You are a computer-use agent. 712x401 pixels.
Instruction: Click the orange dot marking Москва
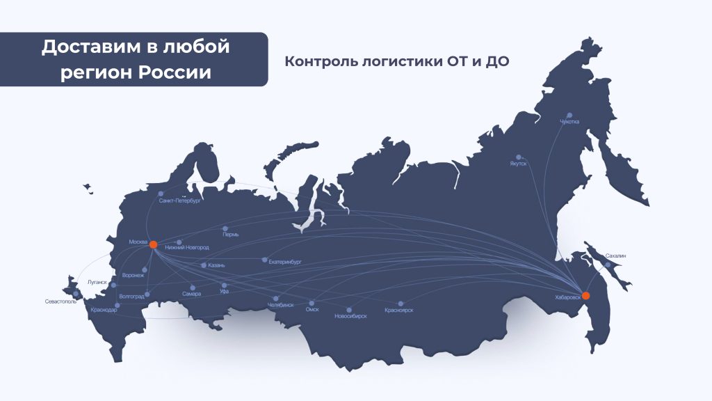pos(153,245)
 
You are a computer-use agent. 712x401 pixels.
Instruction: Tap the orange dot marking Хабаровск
pos(585,295)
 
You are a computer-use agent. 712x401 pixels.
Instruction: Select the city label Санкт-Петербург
pos(179,200)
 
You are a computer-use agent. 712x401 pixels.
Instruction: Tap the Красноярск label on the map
pos(398,310)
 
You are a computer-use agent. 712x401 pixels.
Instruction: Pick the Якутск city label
pos(518,164)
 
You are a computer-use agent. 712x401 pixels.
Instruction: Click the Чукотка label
pos(569,122)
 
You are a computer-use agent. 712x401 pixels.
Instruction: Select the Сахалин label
pos(615,256)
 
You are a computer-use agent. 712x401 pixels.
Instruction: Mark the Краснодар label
pos(104,310)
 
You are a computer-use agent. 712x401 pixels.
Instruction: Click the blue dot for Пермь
pos(225,228)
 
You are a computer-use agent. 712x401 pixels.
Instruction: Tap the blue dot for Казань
pos(203,265)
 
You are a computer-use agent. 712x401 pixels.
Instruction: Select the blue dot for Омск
pos(311,303)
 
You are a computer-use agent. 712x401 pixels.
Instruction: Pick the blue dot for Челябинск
pos(276,299)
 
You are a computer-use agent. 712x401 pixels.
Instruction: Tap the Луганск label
pos(98,282)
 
